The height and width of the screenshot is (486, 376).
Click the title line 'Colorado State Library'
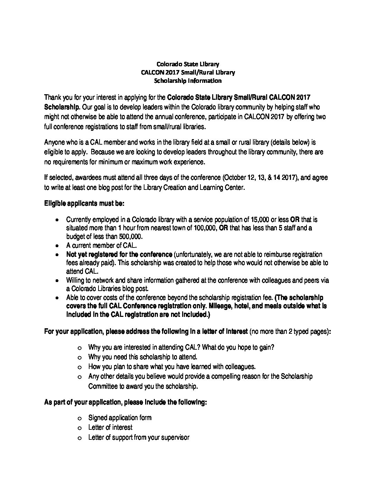[188, 64]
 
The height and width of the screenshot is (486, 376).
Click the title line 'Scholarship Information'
[188, 81]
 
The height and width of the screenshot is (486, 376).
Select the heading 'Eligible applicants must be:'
[84, 203]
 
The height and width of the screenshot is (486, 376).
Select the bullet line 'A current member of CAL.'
[102, 245]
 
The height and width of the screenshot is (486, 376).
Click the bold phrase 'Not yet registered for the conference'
[119, 254]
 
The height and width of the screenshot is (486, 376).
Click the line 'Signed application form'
[120, 418]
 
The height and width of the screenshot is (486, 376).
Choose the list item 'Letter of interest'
[110, 427]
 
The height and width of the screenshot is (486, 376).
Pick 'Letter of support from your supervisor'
[139, 437]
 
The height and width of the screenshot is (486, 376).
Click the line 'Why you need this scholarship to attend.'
[143, 357]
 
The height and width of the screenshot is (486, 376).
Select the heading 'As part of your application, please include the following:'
[125, 402]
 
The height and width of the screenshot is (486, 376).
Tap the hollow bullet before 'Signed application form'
[80, 418]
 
